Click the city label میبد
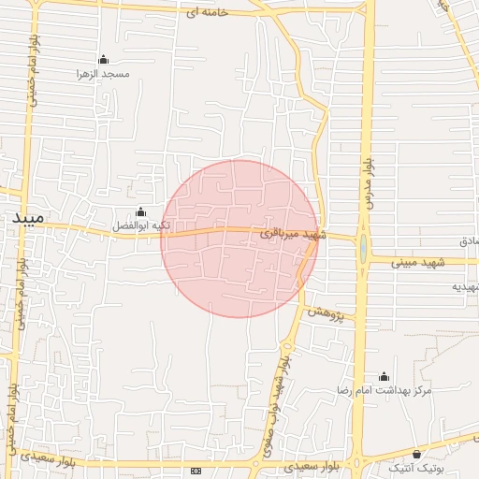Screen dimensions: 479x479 point(27,217)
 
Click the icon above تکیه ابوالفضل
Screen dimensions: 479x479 point(140,212)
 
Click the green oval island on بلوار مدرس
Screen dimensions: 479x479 point(362,249)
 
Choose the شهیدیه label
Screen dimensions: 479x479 point(464,286)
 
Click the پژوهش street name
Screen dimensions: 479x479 point(326,313)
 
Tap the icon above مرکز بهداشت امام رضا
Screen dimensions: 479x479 point(384,376)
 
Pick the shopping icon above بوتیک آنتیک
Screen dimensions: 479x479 point(416,454)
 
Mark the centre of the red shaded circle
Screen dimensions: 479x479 point(239,239)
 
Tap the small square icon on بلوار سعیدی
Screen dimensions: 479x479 point(196,471)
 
